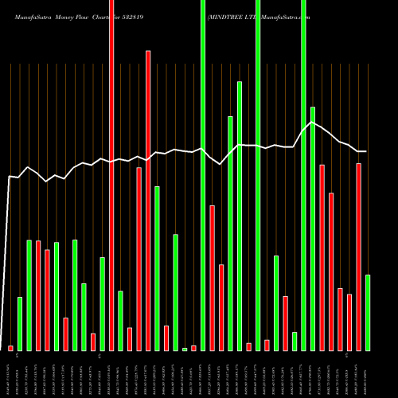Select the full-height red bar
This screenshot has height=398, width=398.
111,175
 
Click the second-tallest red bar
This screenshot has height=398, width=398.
148,199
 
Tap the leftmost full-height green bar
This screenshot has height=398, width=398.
203,175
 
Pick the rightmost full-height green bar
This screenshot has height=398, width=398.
303,175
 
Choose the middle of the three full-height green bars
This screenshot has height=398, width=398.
258,175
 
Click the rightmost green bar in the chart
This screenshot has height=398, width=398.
368,312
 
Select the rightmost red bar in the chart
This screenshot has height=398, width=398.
358,256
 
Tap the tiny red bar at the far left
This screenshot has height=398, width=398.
10,348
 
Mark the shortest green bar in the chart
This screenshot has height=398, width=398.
185,349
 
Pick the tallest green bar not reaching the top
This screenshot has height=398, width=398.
240,215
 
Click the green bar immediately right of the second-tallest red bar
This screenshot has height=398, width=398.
157,267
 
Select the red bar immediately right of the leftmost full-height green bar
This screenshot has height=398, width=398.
213,277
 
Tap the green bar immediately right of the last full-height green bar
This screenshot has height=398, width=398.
313,228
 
